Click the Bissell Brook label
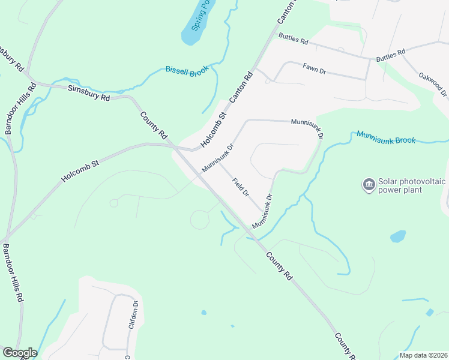[187, 71]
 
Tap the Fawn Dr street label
[314, 69]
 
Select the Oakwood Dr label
[434, 84]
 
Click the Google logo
[19, 353]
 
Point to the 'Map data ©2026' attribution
[423, 355]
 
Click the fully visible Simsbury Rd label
[89, 92]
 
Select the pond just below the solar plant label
[398, 236]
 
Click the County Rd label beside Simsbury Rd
[154, 126]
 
